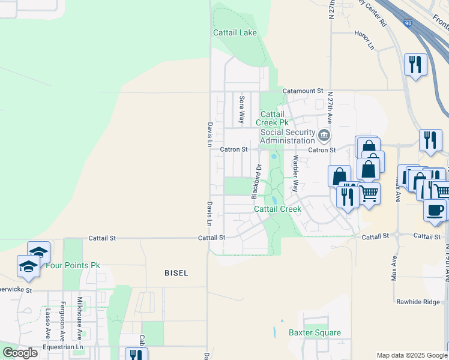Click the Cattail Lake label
235,32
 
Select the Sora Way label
242,109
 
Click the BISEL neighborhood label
176,273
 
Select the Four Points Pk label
73,265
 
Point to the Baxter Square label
315,332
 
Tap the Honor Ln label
364,40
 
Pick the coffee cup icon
435,211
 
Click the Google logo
20,353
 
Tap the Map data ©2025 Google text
412,355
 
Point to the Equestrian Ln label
62,347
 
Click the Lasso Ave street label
48,323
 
